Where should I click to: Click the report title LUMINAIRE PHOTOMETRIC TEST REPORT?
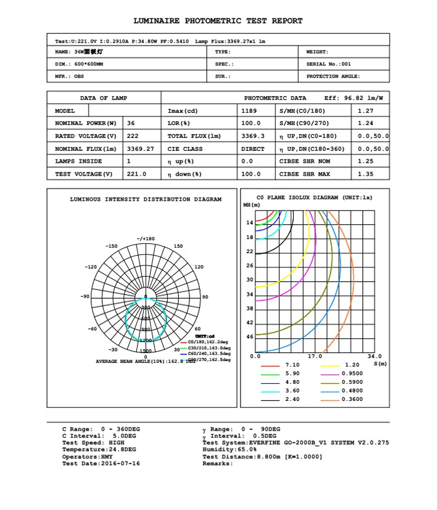(x=218, y=21)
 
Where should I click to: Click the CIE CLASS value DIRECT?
(x=253, y=149)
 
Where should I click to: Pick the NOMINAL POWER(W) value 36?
(x=131, y=123)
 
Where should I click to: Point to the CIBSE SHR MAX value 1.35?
(x=365, y=174)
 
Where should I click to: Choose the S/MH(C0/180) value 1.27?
(x=365, y=111)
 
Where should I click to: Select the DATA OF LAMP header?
(x=104, y=98)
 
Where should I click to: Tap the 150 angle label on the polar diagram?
(x=178, y=246)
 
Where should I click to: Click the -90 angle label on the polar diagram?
(x=85, y=297)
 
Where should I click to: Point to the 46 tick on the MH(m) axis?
(x=250, y=337)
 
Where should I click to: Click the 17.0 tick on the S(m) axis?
(x=315, y=356)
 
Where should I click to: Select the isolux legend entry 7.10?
(x=292, y=365)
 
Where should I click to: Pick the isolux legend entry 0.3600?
(x=352, y=400)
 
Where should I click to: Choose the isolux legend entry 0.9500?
(x=352, y=374)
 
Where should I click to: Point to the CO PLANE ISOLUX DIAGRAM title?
(x=314, y=198)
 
